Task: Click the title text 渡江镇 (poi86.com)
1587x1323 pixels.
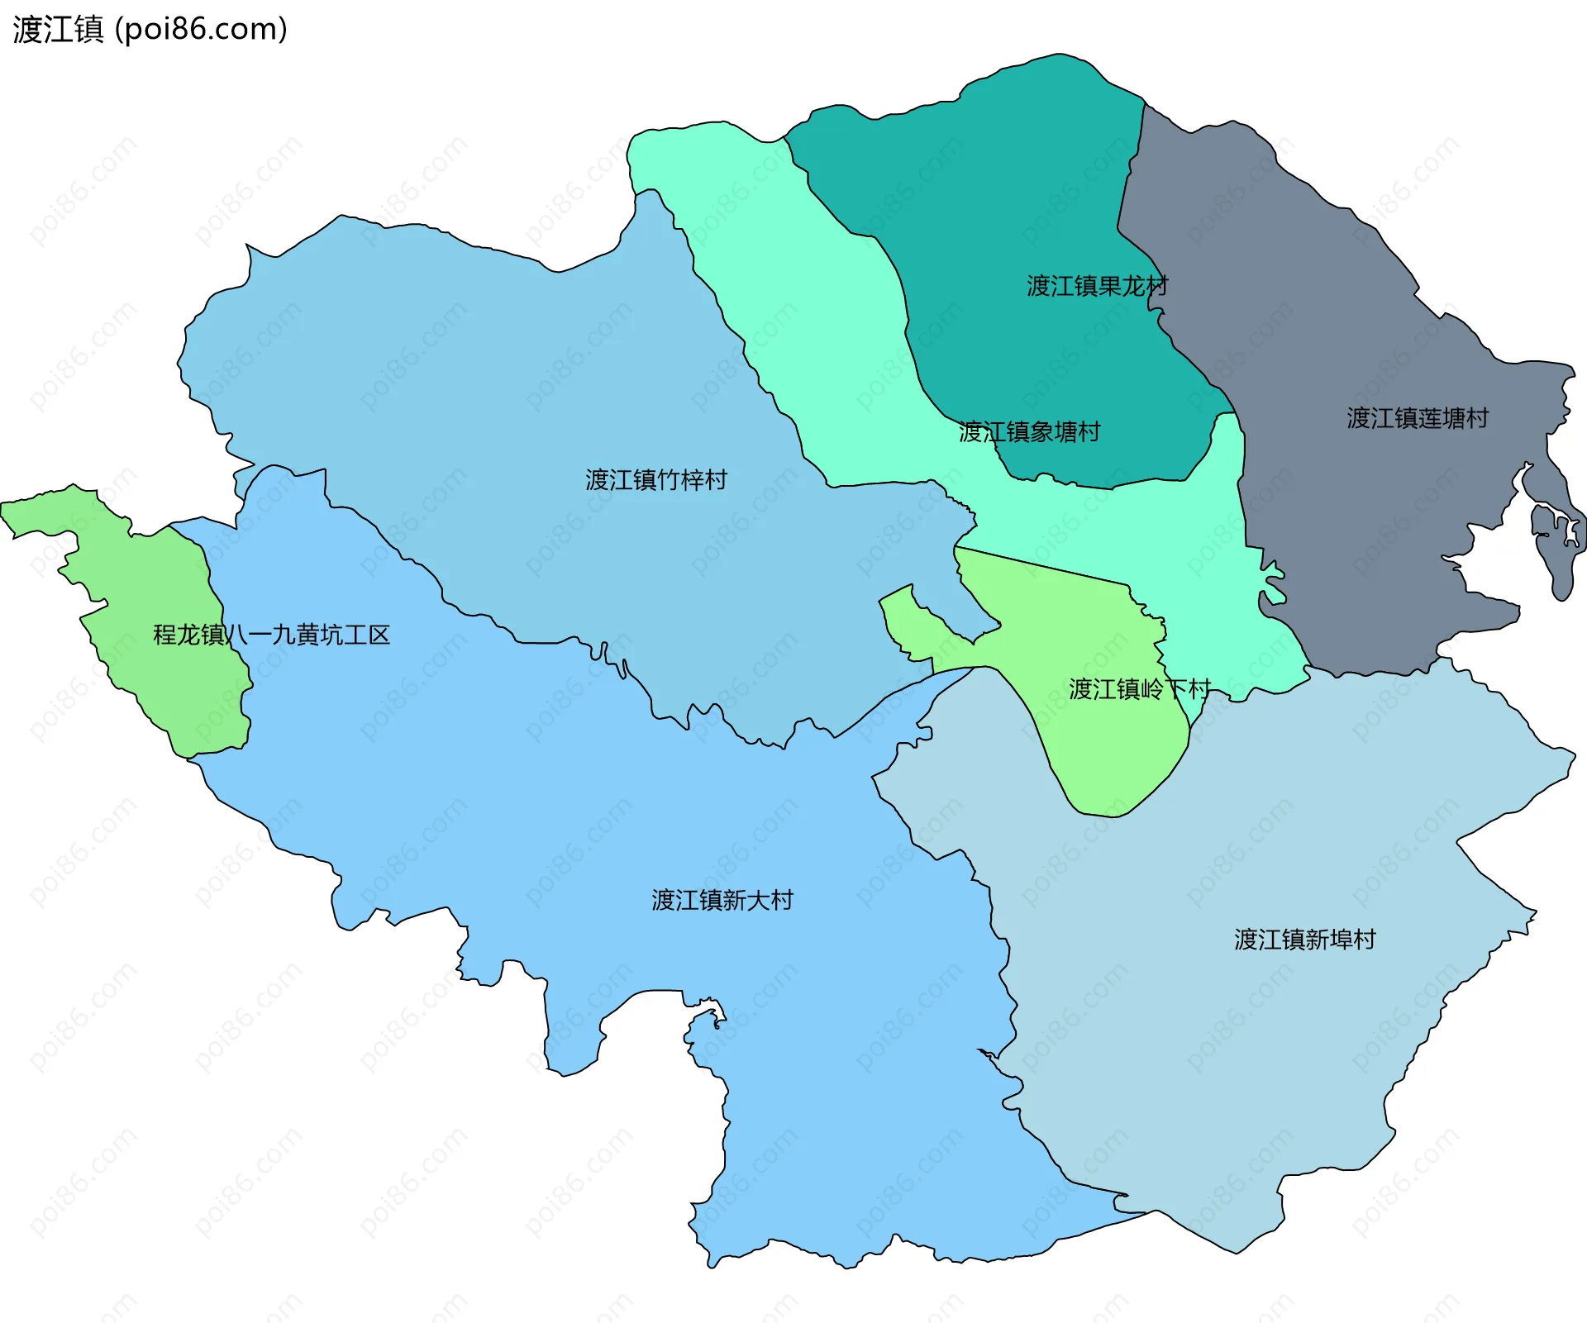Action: click(x=150, y=29)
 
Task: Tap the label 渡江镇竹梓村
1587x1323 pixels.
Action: click(x=655, y=479)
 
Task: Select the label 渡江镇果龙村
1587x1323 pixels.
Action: click(x=1097, y=286)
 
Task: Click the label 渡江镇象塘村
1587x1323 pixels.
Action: click(x=1029, y=431)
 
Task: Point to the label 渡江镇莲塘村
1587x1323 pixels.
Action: click(x=1417, y=417)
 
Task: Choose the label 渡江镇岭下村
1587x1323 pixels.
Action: click(x=1139, y=688)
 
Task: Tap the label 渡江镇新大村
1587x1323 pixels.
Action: click(x=722, y=899)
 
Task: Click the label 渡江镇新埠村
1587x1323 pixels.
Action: click(x=1304, y=939)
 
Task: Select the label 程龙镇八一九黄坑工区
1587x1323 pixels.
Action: click(x=271, y=635)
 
